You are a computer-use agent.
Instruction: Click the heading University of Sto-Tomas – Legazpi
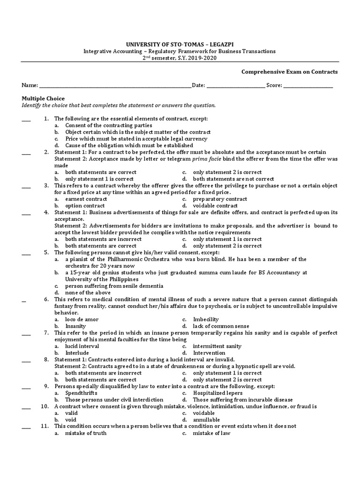click(180, 45)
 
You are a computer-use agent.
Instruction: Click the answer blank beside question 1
click(26, 120)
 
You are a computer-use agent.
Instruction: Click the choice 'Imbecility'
click(206, 319)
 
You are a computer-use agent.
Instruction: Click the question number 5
click(46, 252)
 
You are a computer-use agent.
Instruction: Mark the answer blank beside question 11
click(26, 427)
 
